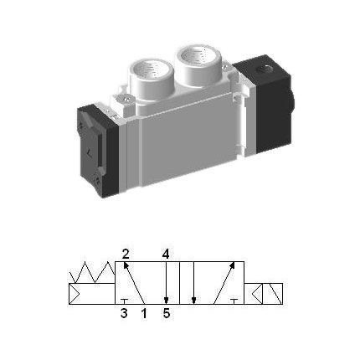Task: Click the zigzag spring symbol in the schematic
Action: (92, 273)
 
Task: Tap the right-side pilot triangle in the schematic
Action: (260, 294)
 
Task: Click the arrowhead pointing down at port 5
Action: (167, 300)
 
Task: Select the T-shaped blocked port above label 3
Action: (124, 301)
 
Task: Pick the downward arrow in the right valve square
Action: (193, 285)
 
